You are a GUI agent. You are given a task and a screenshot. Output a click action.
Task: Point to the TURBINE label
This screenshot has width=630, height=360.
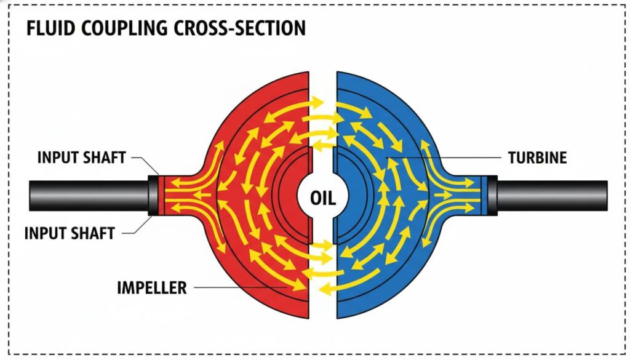click(x=537, y=158)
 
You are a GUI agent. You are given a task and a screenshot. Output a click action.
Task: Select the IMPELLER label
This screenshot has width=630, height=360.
click(x=152, y=287)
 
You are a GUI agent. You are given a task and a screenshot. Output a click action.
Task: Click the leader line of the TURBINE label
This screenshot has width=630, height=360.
click(x=443, y=158)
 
